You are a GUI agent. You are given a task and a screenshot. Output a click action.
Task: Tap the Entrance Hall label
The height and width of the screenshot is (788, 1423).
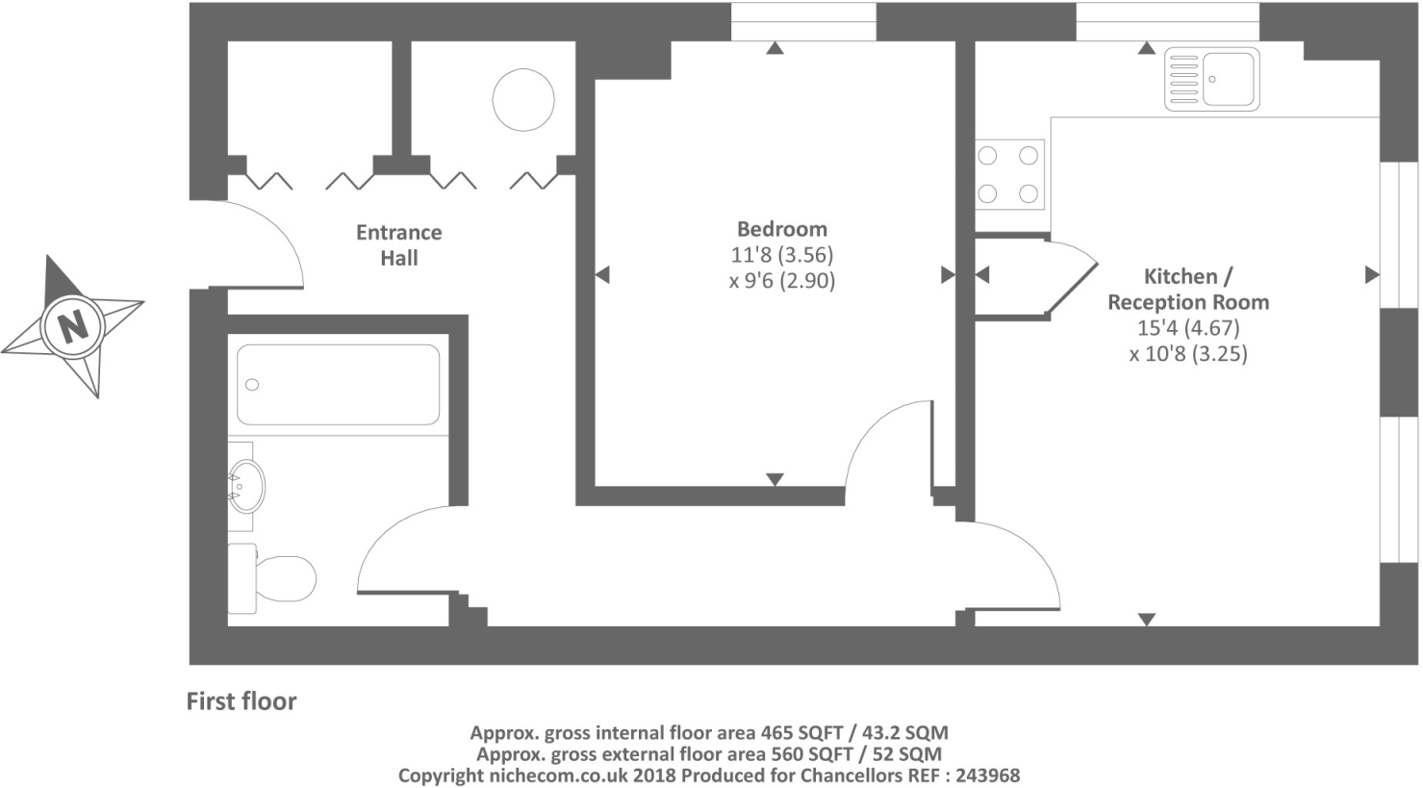398,245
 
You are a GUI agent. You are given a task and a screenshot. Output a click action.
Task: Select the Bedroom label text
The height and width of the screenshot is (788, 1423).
781,229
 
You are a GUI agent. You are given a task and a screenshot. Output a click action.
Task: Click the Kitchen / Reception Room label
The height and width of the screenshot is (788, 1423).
1187,289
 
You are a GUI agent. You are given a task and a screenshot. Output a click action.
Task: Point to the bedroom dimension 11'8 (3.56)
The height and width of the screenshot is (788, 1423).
781,255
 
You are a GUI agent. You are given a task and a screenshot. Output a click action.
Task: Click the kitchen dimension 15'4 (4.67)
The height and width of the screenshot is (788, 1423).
1187,328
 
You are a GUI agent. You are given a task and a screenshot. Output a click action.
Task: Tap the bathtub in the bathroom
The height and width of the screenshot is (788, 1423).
338,385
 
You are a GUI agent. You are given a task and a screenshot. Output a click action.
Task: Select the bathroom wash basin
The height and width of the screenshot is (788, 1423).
246,487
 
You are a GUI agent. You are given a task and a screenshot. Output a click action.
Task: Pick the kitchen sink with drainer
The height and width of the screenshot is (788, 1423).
1211,79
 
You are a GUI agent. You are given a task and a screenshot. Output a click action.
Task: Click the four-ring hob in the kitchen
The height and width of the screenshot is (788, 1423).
1008,175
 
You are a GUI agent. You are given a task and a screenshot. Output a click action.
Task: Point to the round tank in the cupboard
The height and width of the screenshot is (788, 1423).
523,99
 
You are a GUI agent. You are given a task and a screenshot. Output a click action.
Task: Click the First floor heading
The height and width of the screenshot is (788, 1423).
241,701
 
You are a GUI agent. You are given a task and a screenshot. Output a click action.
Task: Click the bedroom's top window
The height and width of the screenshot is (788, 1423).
802,22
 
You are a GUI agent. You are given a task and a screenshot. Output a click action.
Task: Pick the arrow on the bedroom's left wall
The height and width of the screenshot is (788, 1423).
602,275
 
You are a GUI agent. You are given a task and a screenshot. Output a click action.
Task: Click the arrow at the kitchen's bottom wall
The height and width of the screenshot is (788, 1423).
1146,620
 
